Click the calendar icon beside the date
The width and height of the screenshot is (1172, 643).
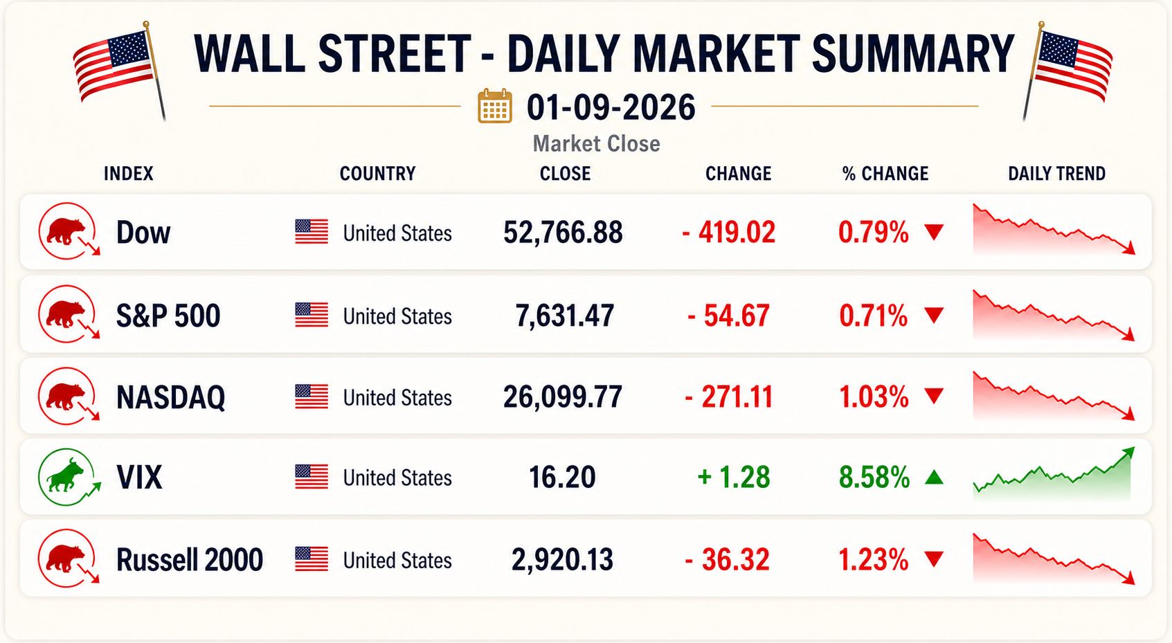pos(494,106)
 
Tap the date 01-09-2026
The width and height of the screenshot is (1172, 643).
pos(611,107)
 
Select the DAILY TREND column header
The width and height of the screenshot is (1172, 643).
pos(1056,174)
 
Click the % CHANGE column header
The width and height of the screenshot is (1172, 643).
pos(885,174)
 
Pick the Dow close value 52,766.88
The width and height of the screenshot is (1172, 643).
pos(563,233)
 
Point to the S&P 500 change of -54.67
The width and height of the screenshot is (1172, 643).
pos(728,316)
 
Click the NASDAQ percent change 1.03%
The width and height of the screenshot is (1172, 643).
pos(874,397)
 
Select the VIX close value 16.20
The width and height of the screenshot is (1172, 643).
pos(562,478)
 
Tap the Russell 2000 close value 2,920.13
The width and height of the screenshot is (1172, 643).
pos(562,560)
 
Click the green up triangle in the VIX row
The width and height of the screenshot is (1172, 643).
pos(934,477)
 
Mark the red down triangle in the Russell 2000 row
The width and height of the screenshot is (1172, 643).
pos(934,559)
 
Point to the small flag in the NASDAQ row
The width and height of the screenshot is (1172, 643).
pos(312,397)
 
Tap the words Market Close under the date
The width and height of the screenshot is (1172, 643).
pos(597,144)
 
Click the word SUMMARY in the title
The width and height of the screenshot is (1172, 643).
pos(913,54)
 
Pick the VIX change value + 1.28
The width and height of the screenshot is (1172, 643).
pos(734,478)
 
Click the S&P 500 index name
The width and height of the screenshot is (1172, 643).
pos(168,316)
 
